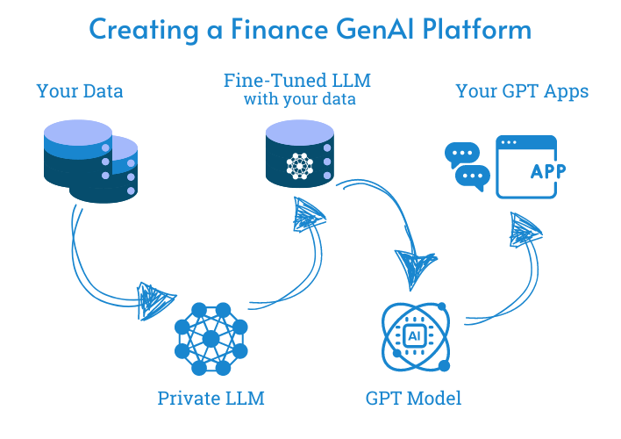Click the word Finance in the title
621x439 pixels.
click(x=278, y=29)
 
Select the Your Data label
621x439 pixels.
click(x=80, y=90)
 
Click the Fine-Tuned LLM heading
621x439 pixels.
click(x=298, y=82)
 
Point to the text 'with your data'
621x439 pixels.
click(x=298, y=99)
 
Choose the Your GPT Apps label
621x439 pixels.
click(x=522, y=90)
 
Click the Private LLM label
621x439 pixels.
click(x=211, y=398)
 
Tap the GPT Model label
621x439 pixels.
click(x=413, y=398)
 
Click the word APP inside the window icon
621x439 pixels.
click(x=549, y=171)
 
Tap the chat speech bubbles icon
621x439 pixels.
click(x=467, y=166)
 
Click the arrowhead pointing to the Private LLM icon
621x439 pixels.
click(x=155, y=296)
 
